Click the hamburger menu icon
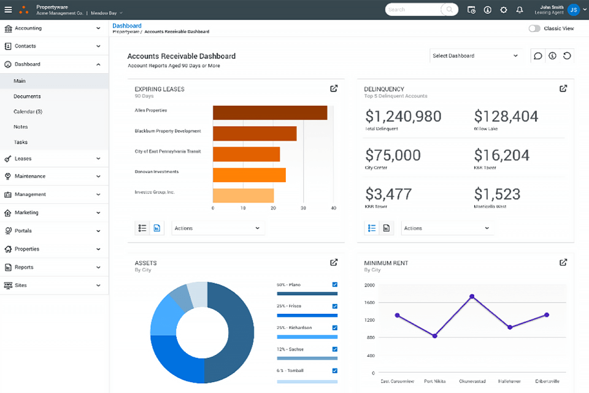click(8, 9)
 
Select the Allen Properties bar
click(269, 112)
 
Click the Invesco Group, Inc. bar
click(243, 195)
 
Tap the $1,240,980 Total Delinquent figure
click(403, 116)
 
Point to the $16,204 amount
click(506, 155)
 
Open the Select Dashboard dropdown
click(475, 56)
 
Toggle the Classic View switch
click(534, 28)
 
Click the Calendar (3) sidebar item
click(28, 112)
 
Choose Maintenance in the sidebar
click(30, 176)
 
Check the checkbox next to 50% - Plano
click(334, 284)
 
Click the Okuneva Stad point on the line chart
click(472, 296)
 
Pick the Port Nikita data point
click(434, 336)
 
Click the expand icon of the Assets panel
click(334, 262)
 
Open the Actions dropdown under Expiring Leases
click(218, 228)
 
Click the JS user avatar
click(573, 10)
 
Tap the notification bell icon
click(520, 10)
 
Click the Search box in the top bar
click(413, 10)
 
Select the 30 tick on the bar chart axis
click(303, 208)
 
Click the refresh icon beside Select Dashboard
click(567, 56)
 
